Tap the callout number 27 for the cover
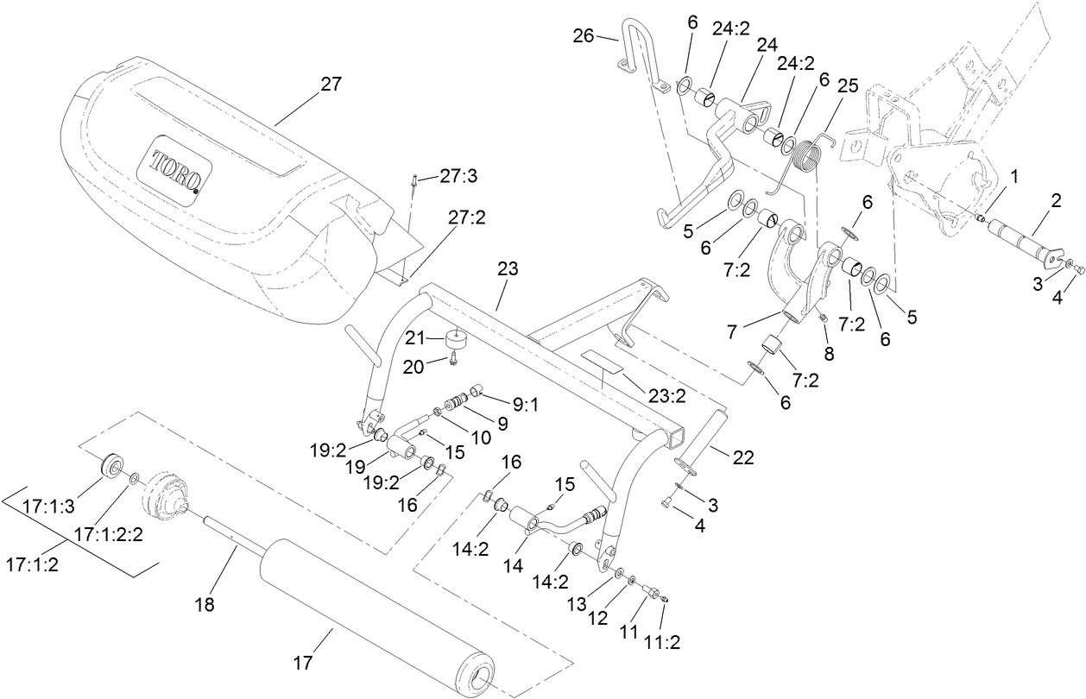point(331,85)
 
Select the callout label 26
point(584,35)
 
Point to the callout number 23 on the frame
point(508,269)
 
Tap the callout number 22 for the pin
point(742,458)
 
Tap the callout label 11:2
point(661,642)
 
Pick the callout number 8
point(829,353)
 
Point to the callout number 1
point(1015,176)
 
